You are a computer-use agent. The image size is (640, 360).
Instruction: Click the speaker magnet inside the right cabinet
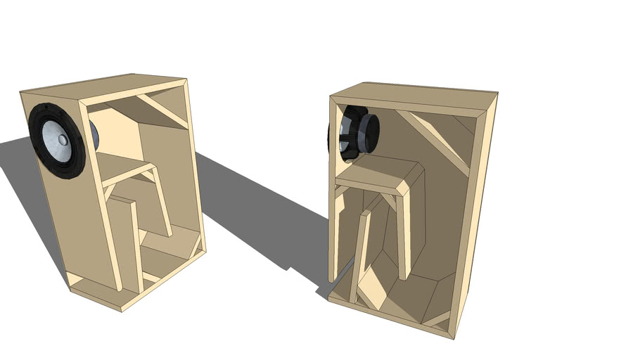click(x=367, y=131)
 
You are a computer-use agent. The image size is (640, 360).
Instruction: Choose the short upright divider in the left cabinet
click(x=124, y=239)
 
